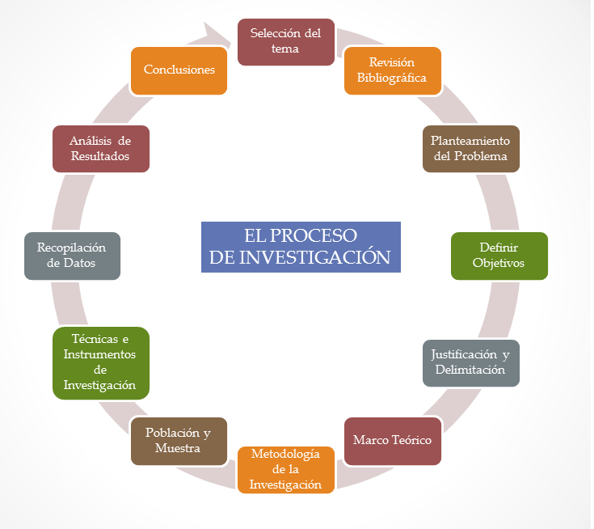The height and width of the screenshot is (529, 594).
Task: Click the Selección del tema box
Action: click(x=285, y=41)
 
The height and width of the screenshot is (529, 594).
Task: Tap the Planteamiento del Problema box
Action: click(x=470, y=148)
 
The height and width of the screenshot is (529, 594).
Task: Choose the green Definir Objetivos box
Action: click(x=499, y=256)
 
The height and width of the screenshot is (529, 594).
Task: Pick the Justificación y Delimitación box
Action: click(x=470, y=362)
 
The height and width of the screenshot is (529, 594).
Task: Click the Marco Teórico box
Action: click(x=393, y=441)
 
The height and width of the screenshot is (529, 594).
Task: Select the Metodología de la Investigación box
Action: click(x=285, y=469)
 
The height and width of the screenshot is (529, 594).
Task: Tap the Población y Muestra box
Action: click(x=179, y=441)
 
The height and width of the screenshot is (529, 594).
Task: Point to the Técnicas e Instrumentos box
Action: click(x=101, y=362)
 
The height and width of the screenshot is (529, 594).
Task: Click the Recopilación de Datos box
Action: click(x=72, y=256)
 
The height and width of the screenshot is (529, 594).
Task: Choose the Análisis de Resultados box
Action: click(x=101, y=148)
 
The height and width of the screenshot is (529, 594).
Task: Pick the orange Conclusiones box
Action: click(x=179, y=70)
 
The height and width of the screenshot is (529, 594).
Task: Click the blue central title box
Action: click(x=301, y=247)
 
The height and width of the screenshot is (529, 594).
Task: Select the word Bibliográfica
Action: click(x=392, y=78)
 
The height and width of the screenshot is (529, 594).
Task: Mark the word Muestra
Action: click(x=178, y=448)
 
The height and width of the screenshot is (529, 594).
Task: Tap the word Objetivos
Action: click(x=499, y=264)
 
